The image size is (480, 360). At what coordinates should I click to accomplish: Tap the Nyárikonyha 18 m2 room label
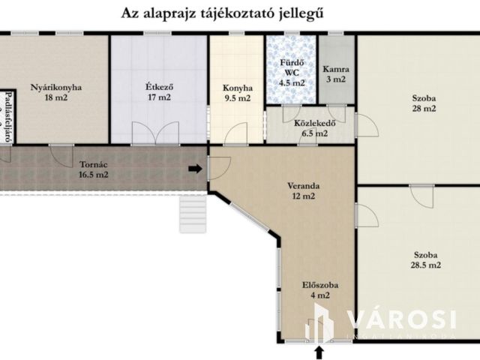55,91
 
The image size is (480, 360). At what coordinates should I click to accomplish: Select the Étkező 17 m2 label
158,91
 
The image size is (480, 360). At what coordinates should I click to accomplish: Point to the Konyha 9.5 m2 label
237,91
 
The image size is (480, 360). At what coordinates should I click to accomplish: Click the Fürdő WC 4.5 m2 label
292,73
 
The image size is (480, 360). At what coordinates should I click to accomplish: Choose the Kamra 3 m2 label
334,73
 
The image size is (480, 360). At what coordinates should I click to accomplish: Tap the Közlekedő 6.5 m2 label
310,128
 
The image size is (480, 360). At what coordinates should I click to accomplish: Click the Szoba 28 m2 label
424,103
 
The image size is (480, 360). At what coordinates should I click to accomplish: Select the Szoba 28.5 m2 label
424,259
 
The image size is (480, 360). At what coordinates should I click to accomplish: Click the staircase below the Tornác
190,213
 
